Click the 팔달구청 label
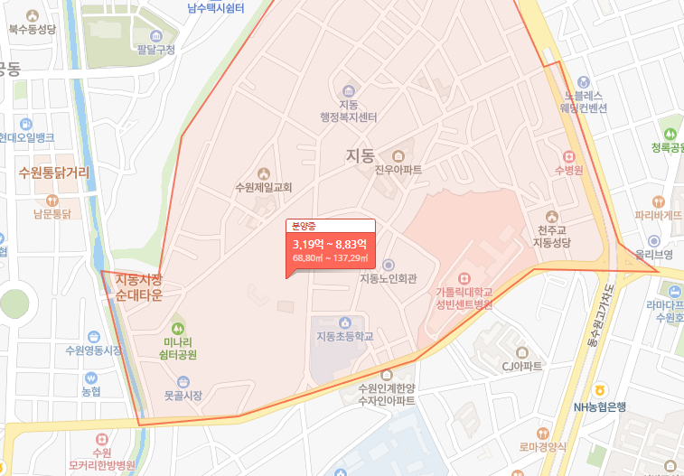pos(155,49)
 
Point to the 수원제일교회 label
pos(263,187)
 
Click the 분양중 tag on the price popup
pos(301,226)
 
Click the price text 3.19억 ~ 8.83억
pos(329,244)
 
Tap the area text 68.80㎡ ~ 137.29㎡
pos(329,258)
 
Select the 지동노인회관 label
pos(389,278)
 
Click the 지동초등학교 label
pos(344,336)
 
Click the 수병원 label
pos(569,169)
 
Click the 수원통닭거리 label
pos(53,172)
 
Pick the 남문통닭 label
pos(52,214)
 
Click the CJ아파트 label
pos(522,366)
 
